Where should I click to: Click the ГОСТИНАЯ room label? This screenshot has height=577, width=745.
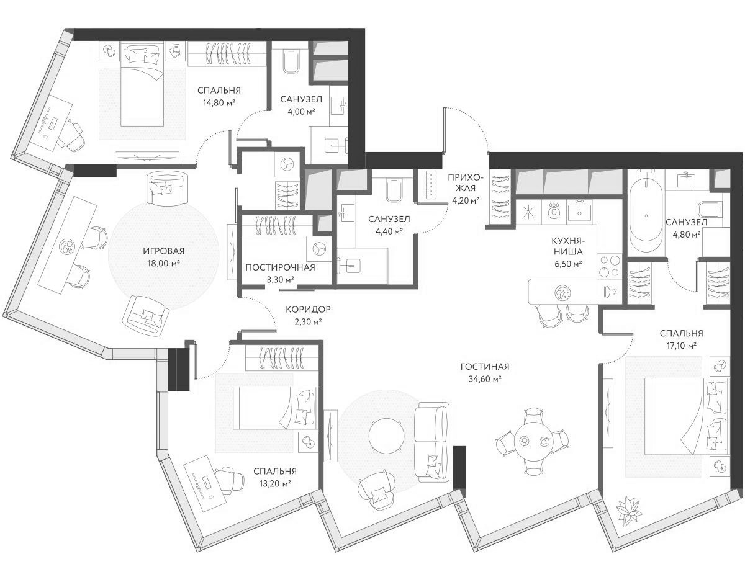pyautogui.click(x=481, y=366)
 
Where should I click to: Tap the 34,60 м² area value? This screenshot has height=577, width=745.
pyautogui.click(x=481, y=378)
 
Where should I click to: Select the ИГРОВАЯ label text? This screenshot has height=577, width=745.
pyautogui.click(x=164, y=251)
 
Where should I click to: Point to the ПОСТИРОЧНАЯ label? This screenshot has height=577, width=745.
pyautogui.click(x=280, y=267)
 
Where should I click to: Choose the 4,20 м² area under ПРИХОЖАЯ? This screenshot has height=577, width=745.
pyautogui.click(x=465, y=200)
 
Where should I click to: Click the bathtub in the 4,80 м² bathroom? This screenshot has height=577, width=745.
pyautogui.click(x=646, y=215)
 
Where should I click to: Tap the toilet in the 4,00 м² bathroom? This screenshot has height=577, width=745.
pyautogui.click(x=291, y=61)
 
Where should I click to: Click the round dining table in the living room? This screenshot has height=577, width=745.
pyautogui.click(x=532, y=442)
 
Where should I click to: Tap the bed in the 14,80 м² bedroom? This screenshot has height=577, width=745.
pyautogui.click(x=142, y=84)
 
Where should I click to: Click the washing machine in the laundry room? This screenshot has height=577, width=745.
pyautogui.click(x=319, y=248)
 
